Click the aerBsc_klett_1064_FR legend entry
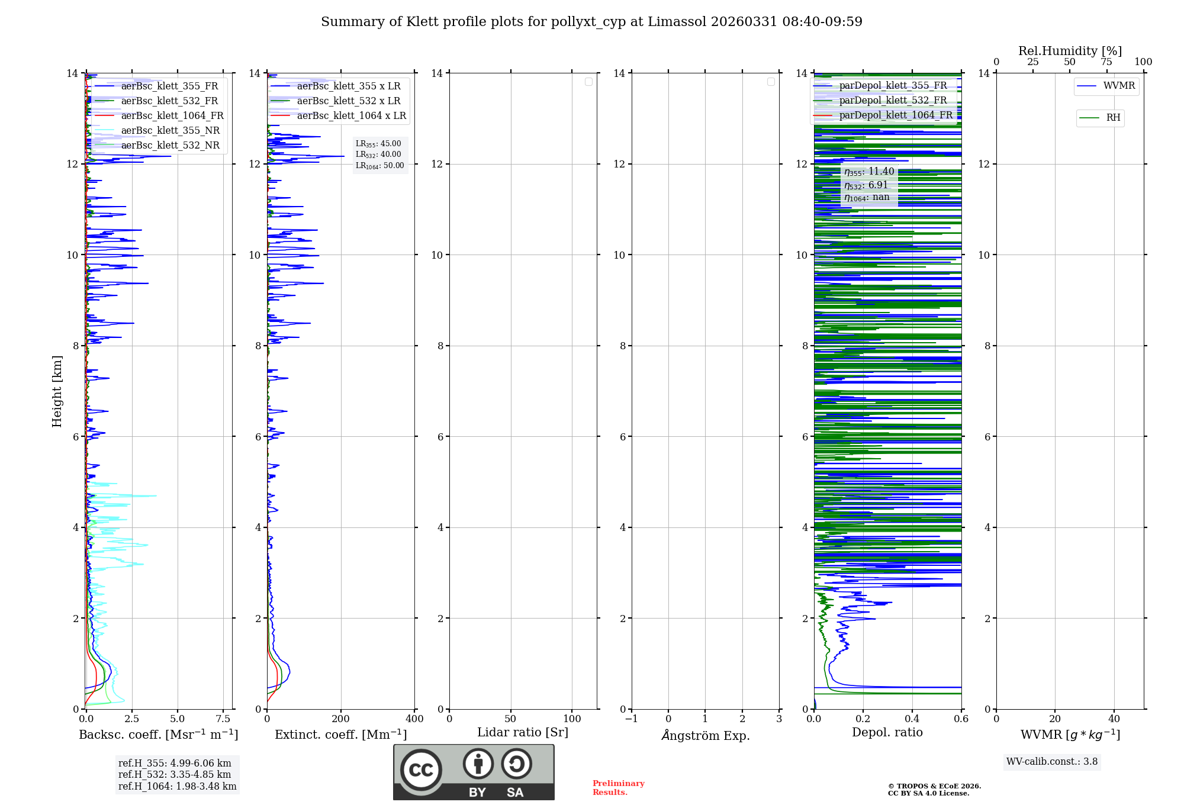(172, 116)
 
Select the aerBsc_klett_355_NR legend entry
(170, 131)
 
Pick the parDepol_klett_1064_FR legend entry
(896, 115)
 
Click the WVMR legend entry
(1119, 86)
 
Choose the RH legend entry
(1113, 118)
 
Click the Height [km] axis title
(57, 391)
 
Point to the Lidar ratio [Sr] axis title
(523, 733)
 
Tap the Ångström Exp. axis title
(705, 736)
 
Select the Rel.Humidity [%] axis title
(1070, 51)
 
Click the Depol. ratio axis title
(887, 733)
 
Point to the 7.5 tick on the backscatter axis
(223, 719)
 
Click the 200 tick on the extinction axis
(341, 719)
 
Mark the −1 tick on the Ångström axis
(632, 719)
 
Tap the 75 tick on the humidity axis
(1106, 62)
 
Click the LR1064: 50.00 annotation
(379, 166)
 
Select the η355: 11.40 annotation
(869, 172)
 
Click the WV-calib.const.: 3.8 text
(1052, 762)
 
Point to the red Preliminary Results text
(618, 788)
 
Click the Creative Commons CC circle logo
(421, 770)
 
